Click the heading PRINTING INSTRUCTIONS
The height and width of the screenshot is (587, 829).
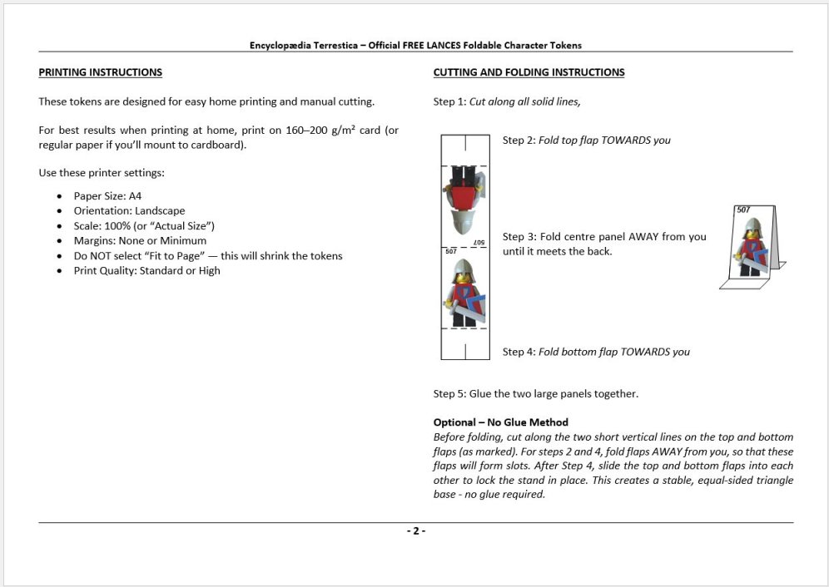[100, 72]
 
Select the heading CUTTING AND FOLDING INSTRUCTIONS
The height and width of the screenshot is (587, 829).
[529, 72]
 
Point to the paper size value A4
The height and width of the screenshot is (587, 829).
[136, 195]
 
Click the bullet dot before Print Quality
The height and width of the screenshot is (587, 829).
[59, 271]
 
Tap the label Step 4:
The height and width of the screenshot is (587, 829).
[519, 352]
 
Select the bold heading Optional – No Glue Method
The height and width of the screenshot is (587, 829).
[500, 422]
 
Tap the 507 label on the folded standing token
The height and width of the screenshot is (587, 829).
[743, 210]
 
